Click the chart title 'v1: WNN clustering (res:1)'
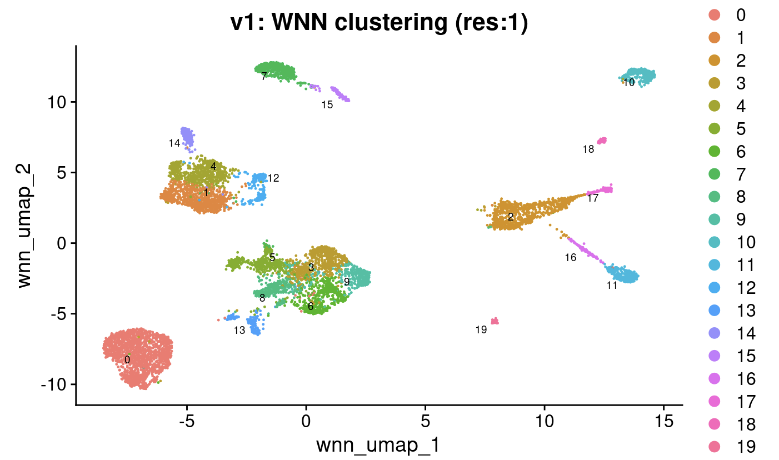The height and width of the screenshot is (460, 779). [x=379, y=23]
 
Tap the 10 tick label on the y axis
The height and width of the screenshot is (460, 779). [x=57, y=102]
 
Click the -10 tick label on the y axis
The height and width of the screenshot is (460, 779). [x=53, y=384]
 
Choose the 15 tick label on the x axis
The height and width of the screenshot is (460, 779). [x=664, y=422]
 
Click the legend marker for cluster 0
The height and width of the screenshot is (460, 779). [x=715, y=15]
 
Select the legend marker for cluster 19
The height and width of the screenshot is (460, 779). [x=715, y=447]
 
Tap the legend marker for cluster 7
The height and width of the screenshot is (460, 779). [x=715, y=174]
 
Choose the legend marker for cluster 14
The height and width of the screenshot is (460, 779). [x=715, y=333]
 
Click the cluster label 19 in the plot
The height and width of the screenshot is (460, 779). [x=481, y=329]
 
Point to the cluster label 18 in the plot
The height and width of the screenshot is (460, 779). [x=588, y=149]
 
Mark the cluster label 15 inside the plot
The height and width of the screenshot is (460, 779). [x=327, y=104]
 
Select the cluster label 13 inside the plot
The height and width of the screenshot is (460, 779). [x=239, y=330]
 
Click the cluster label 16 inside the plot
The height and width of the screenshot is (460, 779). [x=571, y=257]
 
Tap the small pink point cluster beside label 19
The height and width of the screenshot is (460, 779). [x=495, y=321]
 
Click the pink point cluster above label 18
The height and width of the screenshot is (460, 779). [x=602, y=141]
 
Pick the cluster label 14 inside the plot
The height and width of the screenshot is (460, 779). [x=174, y=143]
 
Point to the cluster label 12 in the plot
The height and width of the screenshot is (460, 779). [x=273, y=178]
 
